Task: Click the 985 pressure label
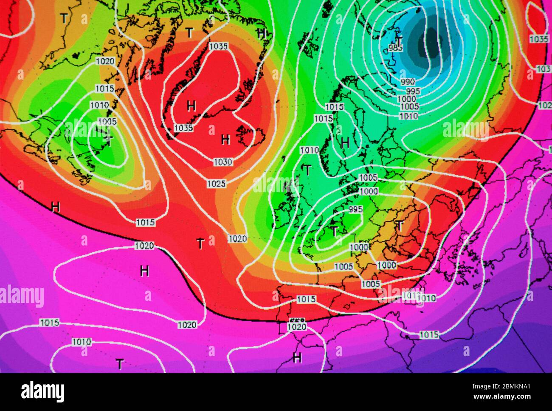pyautogui.click(x=396, y=47)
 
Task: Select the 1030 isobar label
pyautogui.click(x=223, y=162)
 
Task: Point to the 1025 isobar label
pyautogui.click(x=217, y=184)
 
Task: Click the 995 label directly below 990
pyautogui.click(x=413, y=91)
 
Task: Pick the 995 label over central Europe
pyautogui.click(x=355, y=209)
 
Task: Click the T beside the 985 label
pyautogui.click(x=399, y=41)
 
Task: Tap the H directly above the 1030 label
pyautogui.click(x=225, y=139)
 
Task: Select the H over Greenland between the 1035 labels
pyautogui.click(x=192, y=106)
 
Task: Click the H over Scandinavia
pyautogui.click(x=345, y=143)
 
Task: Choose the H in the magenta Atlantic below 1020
pyautogui.click(x=144, y=270)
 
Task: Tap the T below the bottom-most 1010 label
pyautogui.click(x=120, y=364)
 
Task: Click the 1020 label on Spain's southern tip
pyautogui.click(x=296, y=327)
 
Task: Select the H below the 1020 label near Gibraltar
pyautogui.click(x=297, y=358)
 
